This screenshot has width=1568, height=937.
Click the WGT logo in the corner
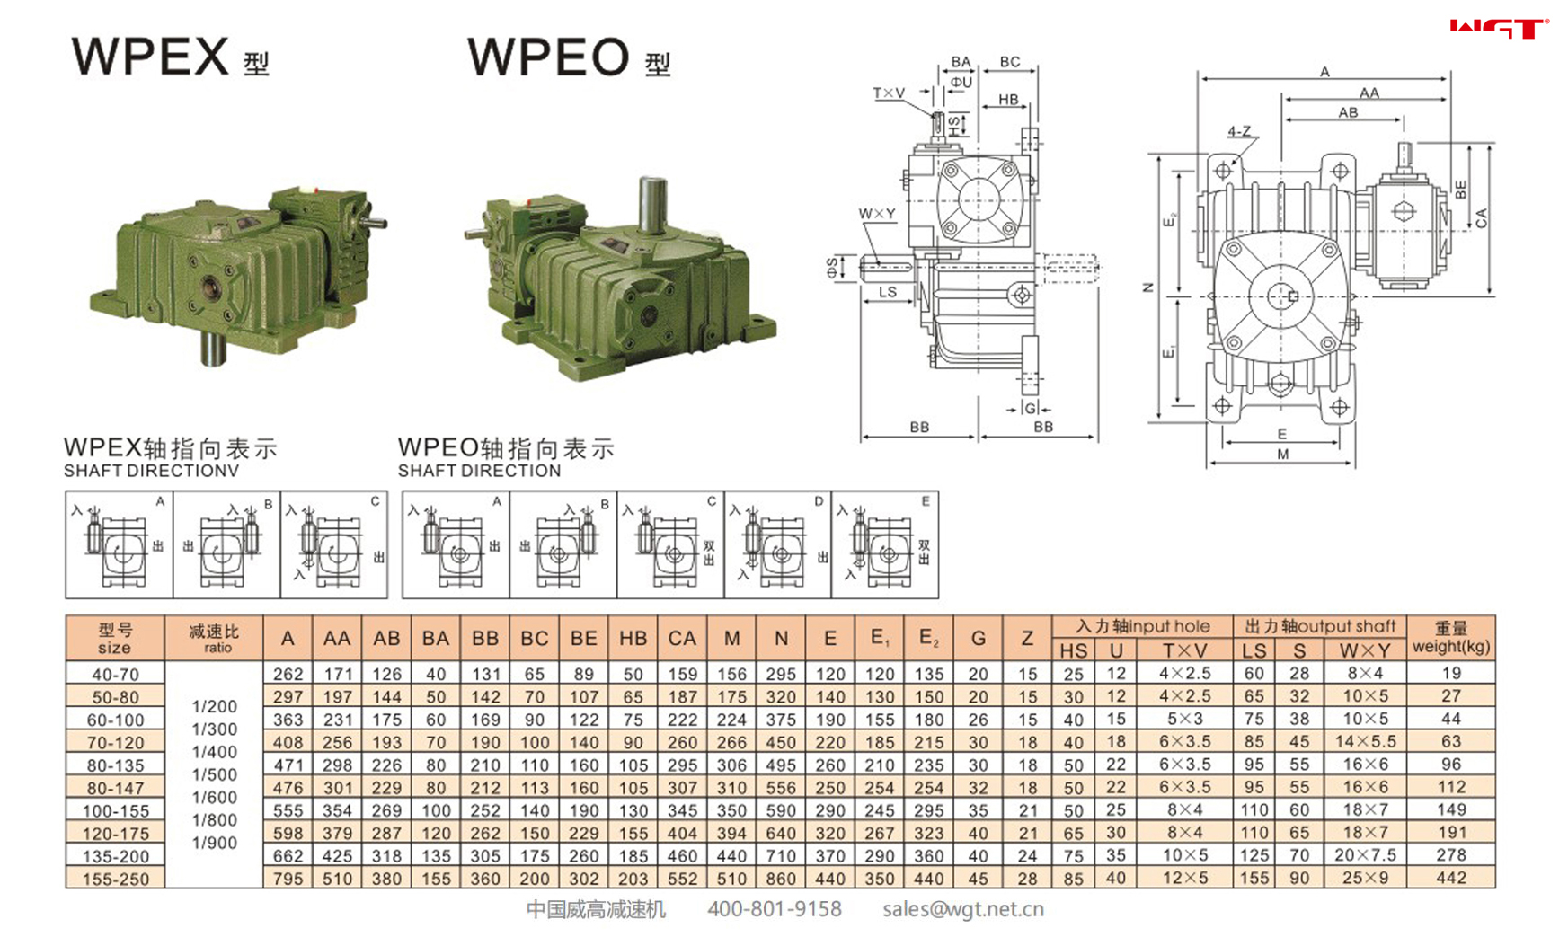(x=1499, y=29)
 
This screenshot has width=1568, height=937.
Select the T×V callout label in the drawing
(x=889, y=93)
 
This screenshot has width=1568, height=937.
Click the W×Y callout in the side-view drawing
(x=876, y=214)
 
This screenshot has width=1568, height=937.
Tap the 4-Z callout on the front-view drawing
(x=1239, y=132)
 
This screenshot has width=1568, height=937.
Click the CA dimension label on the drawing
(x=1482, y=217)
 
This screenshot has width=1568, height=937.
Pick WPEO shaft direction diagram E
(x=885, y=544)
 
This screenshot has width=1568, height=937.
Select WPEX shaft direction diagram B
(x=226, y=544)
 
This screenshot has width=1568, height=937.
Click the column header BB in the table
(x=484, y=639)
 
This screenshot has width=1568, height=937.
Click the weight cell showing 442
(x=1450, y=879)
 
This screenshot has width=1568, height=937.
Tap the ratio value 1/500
(x=214, y=774)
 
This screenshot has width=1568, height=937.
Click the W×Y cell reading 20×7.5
(x=1364, y=855)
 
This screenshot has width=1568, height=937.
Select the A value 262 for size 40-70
(x=288, y=674)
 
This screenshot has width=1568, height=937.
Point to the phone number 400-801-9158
(x=774, y=910)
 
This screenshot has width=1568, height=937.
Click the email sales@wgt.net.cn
(x=962, y=910)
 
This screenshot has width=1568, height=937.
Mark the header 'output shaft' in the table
(x=1320, y=626)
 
